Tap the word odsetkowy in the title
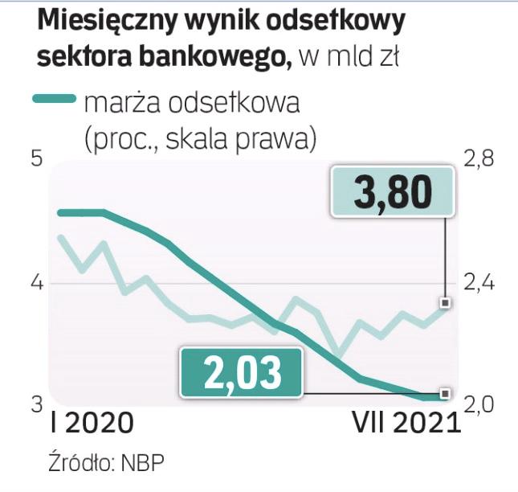point(330,23)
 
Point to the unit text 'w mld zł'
point(348,58)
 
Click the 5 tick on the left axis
point(35,159)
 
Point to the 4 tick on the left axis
point(35,284)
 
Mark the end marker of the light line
point(445,303)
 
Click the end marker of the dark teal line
point(445,394)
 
